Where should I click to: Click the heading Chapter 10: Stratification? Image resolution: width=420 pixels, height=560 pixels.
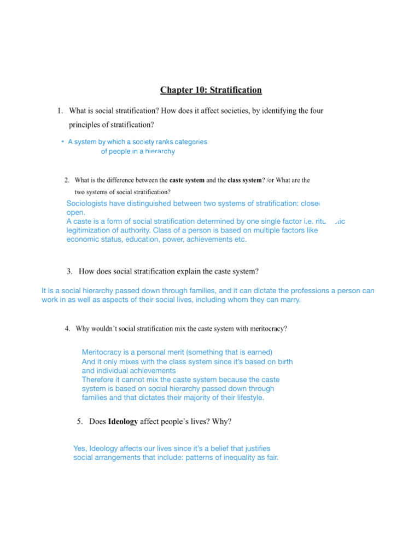click(x=211, y=90)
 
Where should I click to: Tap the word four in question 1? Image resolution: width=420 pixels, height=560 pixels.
click(x=316, y=110)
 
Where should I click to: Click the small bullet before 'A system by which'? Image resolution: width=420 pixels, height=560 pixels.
click(x=63, y=142)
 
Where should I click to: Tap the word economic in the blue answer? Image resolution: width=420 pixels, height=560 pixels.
click(x=83, y=240)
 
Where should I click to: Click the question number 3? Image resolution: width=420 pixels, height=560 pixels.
click(x=69, y=271)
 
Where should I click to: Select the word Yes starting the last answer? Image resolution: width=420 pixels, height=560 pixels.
click(x=80, y=448)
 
